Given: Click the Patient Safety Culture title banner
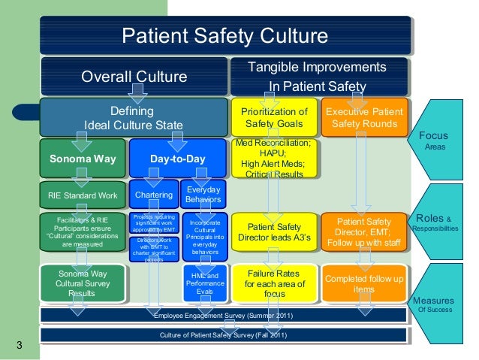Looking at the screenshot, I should tap(224, 37).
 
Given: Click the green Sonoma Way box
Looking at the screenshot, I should tap(83, 159).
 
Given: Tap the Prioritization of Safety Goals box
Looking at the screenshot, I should tap(274, 117).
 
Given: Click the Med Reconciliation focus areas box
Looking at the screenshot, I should tap(274, 159).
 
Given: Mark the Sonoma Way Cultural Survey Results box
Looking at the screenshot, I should tap(83, 283).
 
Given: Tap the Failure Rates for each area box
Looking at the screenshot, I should tap(274, 283).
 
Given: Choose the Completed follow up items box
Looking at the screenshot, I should tap(363, 283).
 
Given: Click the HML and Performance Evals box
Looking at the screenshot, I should tap(203, 283).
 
